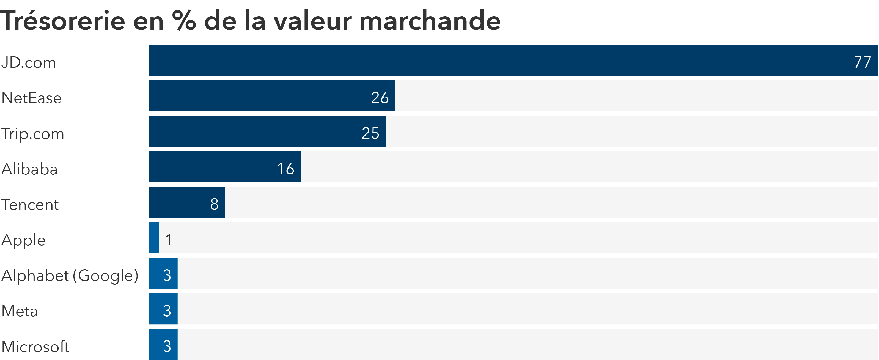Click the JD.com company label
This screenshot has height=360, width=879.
[x=29, y=62]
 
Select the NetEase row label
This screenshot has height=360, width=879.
[x=31, y=98]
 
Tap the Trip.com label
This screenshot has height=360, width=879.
[x=33, y=133]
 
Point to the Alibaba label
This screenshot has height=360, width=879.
[x=30, y=169]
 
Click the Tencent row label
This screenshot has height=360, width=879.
[x=30, y=204]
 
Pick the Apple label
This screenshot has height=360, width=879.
[x=24, y=240]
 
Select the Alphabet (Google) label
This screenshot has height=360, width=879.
[x=70, y=275]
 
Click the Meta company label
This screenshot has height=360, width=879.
[x=20, y=311]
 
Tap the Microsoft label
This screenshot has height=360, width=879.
[x=35, y=346]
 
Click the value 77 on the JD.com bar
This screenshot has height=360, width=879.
[x=862, y=62]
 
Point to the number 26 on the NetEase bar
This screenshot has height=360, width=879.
[x=380, y=98]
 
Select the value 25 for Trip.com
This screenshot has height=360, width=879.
[x=370, y=133]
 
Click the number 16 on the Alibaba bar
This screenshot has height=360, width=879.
[x=285, y=169]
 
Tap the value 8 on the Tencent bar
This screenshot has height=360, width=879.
[x=214, y=204]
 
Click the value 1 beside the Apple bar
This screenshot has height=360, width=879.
[x=169, y=240]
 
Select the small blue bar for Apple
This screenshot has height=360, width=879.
[x=154, y=238]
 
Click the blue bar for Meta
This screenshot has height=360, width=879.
[x=163, y=309]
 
